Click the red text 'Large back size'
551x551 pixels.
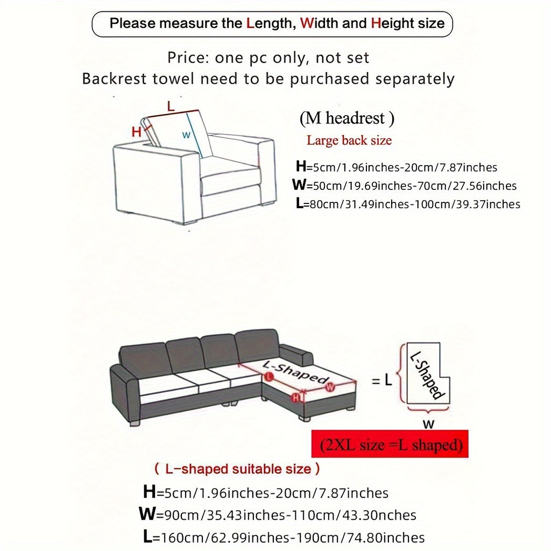click(x=349, y=141)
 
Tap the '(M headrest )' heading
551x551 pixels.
click(x=347, y=118)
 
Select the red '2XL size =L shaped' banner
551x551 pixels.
click(x=390, y=444)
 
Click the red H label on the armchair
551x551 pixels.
click(x=137, y=131)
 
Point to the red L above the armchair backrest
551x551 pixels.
click(x=171, y=106)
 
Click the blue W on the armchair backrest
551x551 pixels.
click(x=186, y=135)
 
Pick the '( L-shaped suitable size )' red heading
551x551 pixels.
click(x=237, y=469)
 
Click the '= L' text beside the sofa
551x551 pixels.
click(x=382, y=381)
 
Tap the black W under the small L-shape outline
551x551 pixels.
click(x=428, y=424)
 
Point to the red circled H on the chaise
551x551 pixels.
click(x=295, y=398)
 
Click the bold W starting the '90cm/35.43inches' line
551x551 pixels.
click(x=147, y=514)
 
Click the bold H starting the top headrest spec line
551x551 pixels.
click(x=300, y=167)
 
